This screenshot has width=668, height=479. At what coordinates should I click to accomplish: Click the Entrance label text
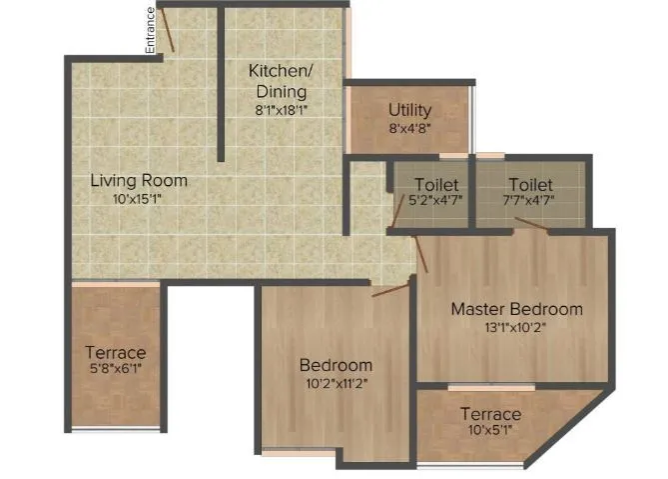coord(150,29)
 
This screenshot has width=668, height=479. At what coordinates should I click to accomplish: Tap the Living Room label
coord(139,181)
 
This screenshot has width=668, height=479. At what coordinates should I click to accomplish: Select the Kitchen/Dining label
coord(281,81)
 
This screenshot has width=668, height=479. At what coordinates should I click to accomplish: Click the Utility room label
coord(409,110)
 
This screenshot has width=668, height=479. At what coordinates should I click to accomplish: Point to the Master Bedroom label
coord(516,309)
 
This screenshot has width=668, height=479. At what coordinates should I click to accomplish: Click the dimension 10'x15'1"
coord(139,199)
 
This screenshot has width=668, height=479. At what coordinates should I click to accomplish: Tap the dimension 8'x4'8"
coord(409,128)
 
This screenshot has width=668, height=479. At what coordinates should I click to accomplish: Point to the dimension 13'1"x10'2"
coord(516,326)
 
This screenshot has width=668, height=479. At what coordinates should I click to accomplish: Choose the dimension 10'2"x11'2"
coord(335,383)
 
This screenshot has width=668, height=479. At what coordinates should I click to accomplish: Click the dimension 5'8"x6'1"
coord(115,370)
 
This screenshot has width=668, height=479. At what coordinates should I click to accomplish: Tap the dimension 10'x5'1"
coord(490,431)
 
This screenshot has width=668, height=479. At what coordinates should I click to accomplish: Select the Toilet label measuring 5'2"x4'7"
coord(436,185)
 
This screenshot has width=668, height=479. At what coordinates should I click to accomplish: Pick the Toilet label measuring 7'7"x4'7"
coord(530,185)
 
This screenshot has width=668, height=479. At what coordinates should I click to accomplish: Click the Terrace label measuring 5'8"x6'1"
coord(115,353)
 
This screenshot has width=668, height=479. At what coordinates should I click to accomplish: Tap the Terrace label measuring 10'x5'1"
coord(490,414)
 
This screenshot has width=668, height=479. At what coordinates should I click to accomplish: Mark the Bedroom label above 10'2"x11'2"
coord(335,365)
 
